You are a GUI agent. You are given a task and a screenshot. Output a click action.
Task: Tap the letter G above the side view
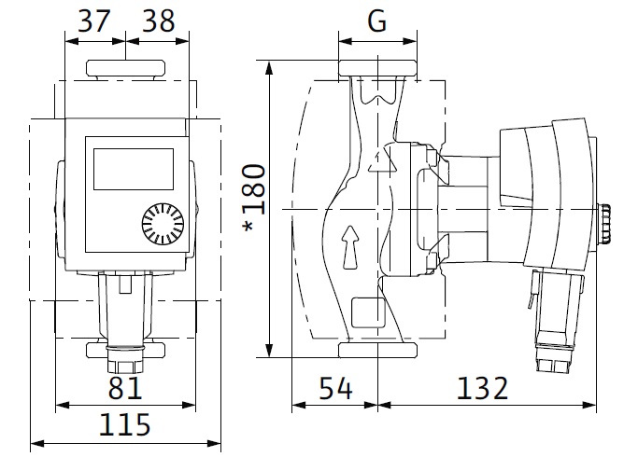[x=376, y=22]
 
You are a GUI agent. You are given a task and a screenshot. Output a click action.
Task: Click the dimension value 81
[x=124, y=386]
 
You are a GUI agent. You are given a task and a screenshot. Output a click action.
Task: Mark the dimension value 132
[x=484, y=386]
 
